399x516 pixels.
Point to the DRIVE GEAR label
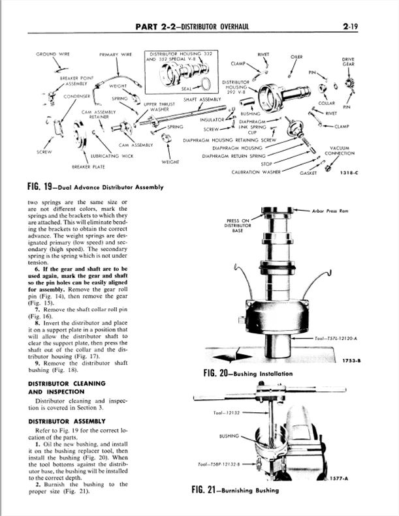tap(347, 62)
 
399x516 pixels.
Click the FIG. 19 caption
tap(95, 187)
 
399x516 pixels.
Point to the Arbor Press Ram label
tap(331, 211)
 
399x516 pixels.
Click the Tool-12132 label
tap(227, 412)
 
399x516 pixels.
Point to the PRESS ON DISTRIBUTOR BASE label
tap(237, 225)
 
